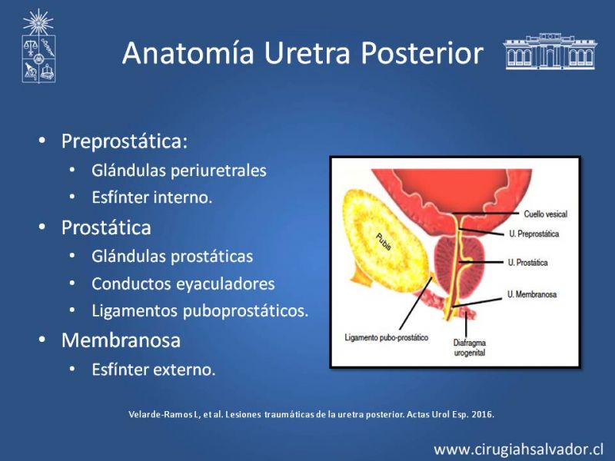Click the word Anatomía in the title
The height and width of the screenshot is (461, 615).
coord(188,53)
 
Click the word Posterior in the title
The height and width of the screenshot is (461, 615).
coord(422,53)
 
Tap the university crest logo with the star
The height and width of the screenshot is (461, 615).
coord(38,46)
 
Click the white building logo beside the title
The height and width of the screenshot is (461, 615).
coord(550,51)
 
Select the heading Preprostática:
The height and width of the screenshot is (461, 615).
coord(125,141)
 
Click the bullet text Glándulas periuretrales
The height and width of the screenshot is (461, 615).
coord(179,171)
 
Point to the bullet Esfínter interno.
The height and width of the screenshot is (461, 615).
coord(151,197)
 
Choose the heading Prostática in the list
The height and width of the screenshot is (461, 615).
coord(106,227)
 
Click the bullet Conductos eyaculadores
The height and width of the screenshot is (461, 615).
coord(183,284)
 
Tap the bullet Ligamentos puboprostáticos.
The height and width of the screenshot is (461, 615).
coord(200,311)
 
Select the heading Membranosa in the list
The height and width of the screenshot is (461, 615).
coord(121,340)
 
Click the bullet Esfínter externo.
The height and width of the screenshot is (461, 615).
coord(153,370)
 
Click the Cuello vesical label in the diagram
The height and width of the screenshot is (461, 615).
coord(546,214)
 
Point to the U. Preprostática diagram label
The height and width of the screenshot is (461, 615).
coord(534,234)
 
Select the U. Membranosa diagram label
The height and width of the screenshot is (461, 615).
coord(532,294)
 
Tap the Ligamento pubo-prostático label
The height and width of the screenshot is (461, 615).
coord(387,337)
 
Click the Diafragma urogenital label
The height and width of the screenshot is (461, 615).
coord(470,348)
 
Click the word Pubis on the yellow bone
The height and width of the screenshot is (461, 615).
coord(383,242)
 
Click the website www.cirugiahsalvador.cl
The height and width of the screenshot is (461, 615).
coord(518,449)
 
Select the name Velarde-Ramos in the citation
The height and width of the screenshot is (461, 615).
coord(161,414)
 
